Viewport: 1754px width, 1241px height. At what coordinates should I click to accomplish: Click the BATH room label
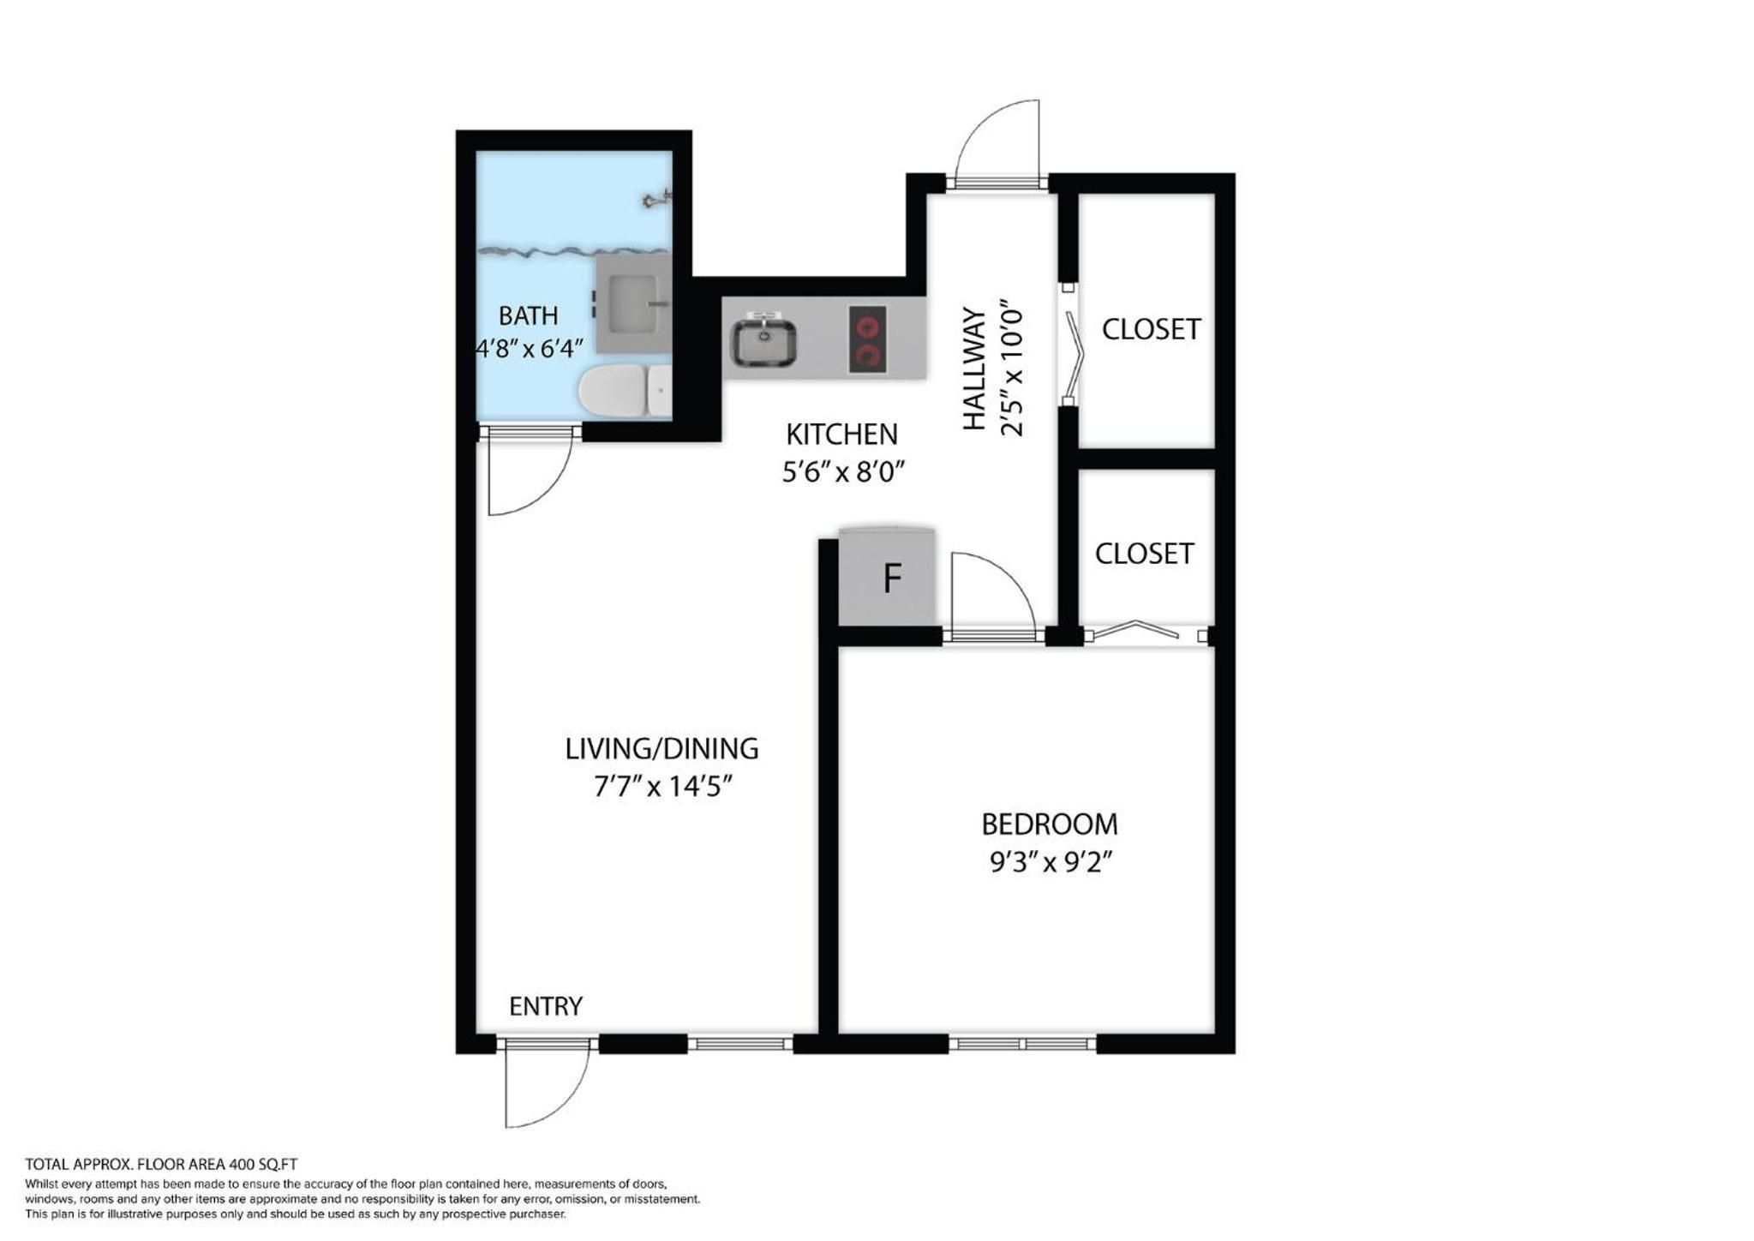(528, 315)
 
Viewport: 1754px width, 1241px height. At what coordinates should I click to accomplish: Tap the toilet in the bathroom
(625, 391)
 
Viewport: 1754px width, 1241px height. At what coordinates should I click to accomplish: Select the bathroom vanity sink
(633, 303)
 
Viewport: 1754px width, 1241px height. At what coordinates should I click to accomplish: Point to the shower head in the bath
(657, 201)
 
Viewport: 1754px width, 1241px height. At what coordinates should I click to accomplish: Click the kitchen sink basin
(763, 340)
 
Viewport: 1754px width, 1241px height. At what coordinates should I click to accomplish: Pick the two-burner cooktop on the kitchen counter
(867, 339)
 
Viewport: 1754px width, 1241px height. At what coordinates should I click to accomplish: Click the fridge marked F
(887, 577)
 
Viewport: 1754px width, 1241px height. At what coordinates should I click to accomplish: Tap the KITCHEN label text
(841, 435)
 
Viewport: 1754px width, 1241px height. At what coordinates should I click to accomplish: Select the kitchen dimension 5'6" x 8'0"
(843, 471)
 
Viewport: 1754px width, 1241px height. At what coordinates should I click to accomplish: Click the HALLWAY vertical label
(974, 369)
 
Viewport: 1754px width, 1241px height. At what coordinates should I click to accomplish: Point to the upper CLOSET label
(1151, 329)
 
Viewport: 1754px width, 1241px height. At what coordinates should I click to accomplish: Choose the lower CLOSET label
(1144, 554)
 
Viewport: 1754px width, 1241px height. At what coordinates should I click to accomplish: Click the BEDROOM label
(1050, 824)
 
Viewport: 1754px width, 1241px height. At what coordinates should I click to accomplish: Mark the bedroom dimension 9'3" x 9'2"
(1051, 861)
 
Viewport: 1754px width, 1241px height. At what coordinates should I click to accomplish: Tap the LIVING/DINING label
(661, 749)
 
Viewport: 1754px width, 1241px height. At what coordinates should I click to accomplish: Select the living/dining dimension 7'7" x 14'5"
(663, 786)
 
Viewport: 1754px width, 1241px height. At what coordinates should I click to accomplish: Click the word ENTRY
(546, 1006)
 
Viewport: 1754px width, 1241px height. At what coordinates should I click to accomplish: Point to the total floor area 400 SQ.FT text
(161, 1165)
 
